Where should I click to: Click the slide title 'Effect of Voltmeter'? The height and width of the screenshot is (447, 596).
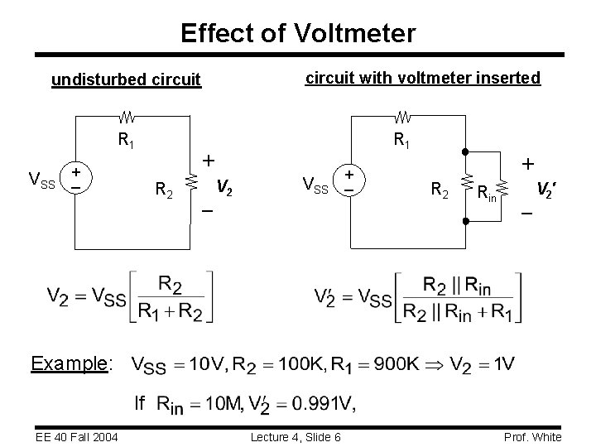point(297,33)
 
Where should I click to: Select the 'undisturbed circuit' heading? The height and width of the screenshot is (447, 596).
point(126,79)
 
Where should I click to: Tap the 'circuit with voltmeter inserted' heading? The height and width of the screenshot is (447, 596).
point(423,78)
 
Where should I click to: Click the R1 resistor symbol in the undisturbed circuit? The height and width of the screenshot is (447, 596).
point(130,115)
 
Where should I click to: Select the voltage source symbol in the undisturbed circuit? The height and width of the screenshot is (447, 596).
point(75,179)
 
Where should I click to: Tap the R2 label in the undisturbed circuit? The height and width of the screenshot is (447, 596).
point(165,193)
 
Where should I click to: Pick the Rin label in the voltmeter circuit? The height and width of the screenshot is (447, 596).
point(488,194)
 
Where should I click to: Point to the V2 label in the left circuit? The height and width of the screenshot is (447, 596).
point(224,186)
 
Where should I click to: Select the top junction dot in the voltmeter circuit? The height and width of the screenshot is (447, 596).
point(467,153)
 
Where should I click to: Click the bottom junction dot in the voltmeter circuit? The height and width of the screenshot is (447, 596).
point(467,221)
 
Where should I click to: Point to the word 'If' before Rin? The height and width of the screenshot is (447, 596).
point(140,403)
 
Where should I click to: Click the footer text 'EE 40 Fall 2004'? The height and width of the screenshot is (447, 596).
point(77,437)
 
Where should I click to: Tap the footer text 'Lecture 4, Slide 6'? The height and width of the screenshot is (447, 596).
point(297,437)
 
